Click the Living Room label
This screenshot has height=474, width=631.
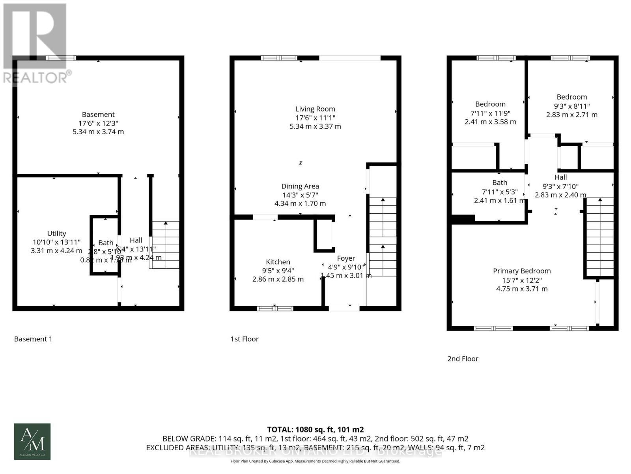pos(315,109)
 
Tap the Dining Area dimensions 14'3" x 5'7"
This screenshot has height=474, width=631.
pos(300,195)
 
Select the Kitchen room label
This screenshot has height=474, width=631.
pos(278,262)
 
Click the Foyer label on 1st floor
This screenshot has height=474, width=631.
pos(346,258)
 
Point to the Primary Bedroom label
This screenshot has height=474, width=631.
pos(521,271)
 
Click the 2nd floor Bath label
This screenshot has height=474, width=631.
pos(500,182)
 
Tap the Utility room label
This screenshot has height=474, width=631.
pos(56,233)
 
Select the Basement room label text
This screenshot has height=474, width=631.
pos(98,115)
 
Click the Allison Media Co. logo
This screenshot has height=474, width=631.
pos(32,441)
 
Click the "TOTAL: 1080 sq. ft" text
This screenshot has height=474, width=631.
pos(315,429)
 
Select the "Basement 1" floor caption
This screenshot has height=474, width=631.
pos(33,339)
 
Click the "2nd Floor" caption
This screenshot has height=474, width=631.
pos(463,359)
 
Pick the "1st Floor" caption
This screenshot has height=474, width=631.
pos(245,339)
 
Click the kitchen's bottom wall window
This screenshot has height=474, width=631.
pos(275,308)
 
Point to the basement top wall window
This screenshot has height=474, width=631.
pos(61,58)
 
